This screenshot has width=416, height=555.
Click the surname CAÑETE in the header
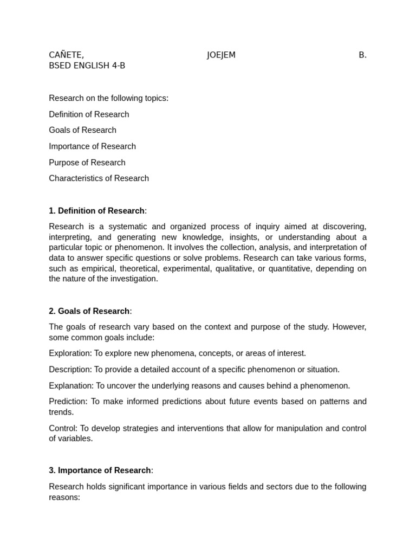pyautogui.click(x=66, y=55)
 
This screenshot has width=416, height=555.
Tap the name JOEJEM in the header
pyautogui.click(x=221, y=55)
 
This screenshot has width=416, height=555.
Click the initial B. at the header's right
pyautogui.click(x=362, y=55)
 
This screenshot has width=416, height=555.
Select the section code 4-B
pyautogui.click(x=118, y=66)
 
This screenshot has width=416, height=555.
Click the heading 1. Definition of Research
pyautogui.click(x=97, y=211)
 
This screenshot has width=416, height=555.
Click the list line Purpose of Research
pyautogui.click(x=87, y=163)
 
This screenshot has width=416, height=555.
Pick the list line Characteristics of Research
pyautogui.click(x=99, y=178)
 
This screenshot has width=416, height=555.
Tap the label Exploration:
pyautogui.click(x=70, y=353)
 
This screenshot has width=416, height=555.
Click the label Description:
pyautogui.click(x=70, y=370)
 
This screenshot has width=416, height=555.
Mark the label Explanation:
pyautogui.click(x=71, y=386)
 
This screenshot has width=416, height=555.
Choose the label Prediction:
pyautogui.click(x=68, y=402)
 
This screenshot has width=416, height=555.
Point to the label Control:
pyautogui.click(x=63, y=428)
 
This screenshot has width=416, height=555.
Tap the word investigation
pyautogui.click(x=133, y=279)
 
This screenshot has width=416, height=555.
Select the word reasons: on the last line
pyautogui.click(x=64, y=497)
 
